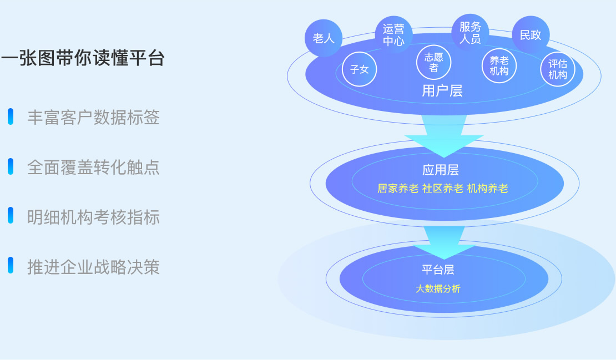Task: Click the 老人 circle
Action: (324, 38)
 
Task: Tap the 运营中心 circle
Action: (393, 34)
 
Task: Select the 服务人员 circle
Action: (470, 33)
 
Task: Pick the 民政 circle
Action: (531, 35)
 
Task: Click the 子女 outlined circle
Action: (360, 69)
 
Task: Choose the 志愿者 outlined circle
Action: (433, 62)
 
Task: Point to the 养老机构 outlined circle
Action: (499, 65)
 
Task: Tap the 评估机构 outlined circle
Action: (558, 69)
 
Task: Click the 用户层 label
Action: (442, 90)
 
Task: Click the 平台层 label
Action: (438, 270)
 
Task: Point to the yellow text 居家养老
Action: (398, 189)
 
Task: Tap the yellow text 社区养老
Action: (443, 189)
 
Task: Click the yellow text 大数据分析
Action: (438, 288)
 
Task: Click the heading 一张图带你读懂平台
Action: (83, 58)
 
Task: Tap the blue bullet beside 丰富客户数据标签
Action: (11, 116)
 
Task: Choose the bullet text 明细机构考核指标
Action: (93, 217)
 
